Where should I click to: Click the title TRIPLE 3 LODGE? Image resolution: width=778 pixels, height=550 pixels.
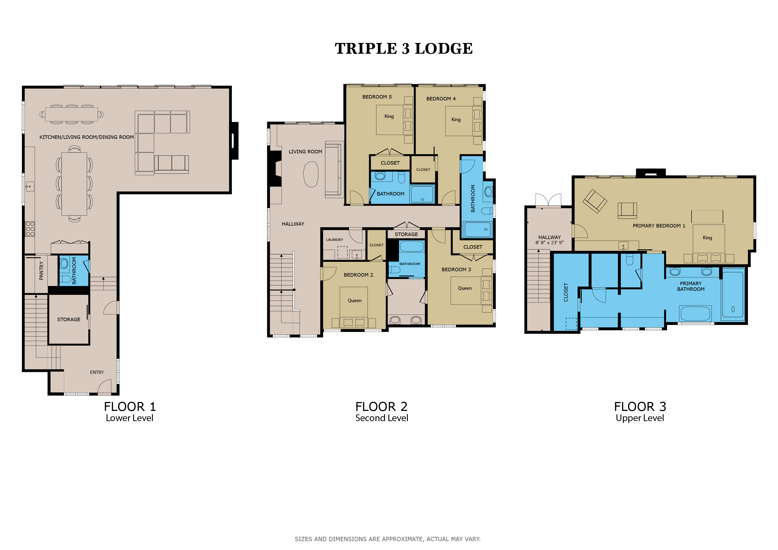click(404, 48)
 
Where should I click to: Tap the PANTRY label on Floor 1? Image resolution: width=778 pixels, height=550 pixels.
click(41, 271)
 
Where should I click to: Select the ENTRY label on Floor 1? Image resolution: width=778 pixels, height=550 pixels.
click(97, 372)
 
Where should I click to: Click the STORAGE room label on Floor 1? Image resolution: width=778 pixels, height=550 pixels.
click(69, 319)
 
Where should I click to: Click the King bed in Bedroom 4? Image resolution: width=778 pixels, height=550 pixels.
click(463, 121)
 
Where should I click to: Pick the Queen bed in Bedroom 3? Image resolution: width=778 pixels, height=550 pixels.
click(471, 291)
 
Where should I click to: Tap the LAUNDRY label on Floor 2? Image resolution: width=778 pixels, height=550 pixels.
click(334, 240)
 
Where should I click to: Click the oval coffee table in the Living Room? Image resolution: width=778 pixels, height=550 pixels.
click(311, 174)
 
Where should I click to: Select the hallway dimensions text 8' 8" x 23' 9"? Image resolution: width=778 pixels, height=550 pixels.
click(550, 243)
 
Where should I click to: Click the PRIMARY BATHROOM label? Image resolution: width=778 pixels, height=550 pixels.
click(691, 286)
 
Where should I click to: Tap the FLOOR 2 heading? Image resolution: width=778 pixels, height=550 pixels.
click(381, 406)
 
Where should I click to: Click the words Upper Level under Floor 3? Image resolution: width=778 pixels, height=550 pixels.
click(640, 418)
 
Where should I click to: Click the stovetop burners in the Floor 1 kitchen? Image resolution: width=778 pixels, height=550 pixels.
click(30, 229)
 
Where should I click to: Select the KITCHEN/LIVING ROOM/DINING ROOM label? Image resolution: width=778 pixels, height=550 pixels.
click(87, 137)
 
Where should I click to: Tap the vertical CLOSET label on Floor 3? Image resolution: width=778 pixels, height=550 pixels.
click(566, 292)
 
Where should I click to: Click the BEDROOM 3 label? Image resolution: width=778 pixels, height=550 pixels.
click(456, 270)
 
